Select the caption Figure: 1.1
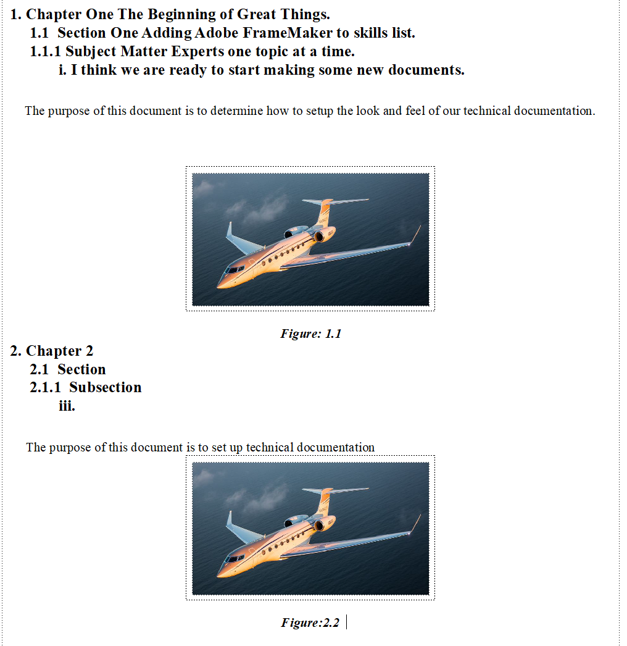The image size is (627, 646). (310, 334)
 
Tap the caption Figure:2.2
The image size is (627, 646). (310, 623)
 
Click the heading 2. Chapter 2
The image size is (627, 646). (52, 351)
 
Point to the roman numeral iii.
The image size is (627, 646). (67, 406)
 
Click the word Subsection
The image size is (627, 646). (105, 388)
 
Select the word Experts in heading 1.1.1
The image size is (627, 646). (197, 51)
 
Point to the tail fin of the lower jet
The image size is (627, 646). (325, 501)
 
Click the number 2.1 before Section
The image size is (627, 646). (39, 369)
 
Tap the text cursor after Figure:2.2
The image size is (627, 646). (347, 622)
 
